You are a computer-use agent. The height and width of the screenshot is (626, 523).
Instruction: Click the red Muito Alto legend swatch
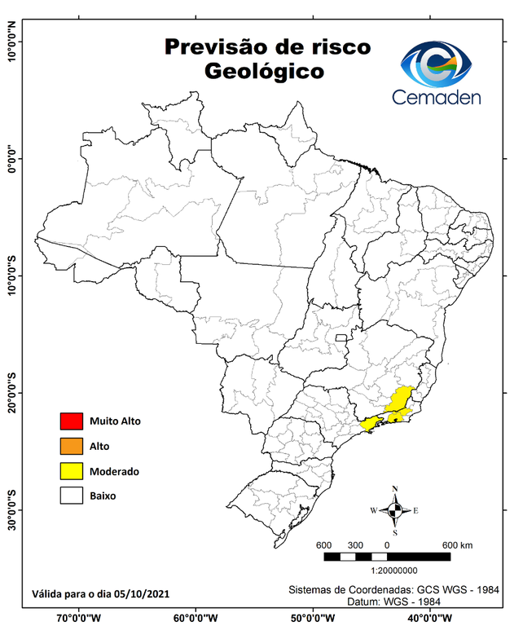coord(72,421)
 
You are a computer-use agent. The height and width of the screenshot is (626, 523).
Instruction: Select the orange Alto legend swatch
coord(72,446)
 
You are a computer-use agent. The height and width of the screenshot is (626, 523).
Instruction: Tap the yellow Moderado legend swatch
coord(72,470)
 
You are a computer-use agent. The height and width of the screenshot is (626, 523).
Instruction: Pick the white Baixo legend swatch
coord(72,495)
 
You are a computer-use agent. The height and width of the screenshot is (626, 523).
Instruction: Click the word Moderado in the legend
coord(114,471)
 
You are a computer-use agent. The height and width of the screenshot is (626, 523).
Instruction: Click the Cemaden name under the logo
coord(437,98)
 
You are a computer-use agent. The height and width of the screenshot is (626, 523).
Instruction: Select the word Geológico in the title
coord(264,72)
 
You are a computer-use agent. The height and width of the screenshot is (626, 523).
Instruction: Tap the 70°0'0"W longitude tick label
coord(79,617)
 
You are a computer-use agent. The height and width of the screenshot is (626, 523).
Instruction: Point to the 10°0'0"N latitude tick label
coord(13,41)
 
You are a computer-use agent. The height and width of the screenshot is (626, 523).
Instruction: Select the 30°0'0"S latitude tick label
coord(13,509)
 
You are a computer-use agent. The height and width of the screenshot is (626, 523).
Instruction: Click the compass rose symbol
coord(395,510)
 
